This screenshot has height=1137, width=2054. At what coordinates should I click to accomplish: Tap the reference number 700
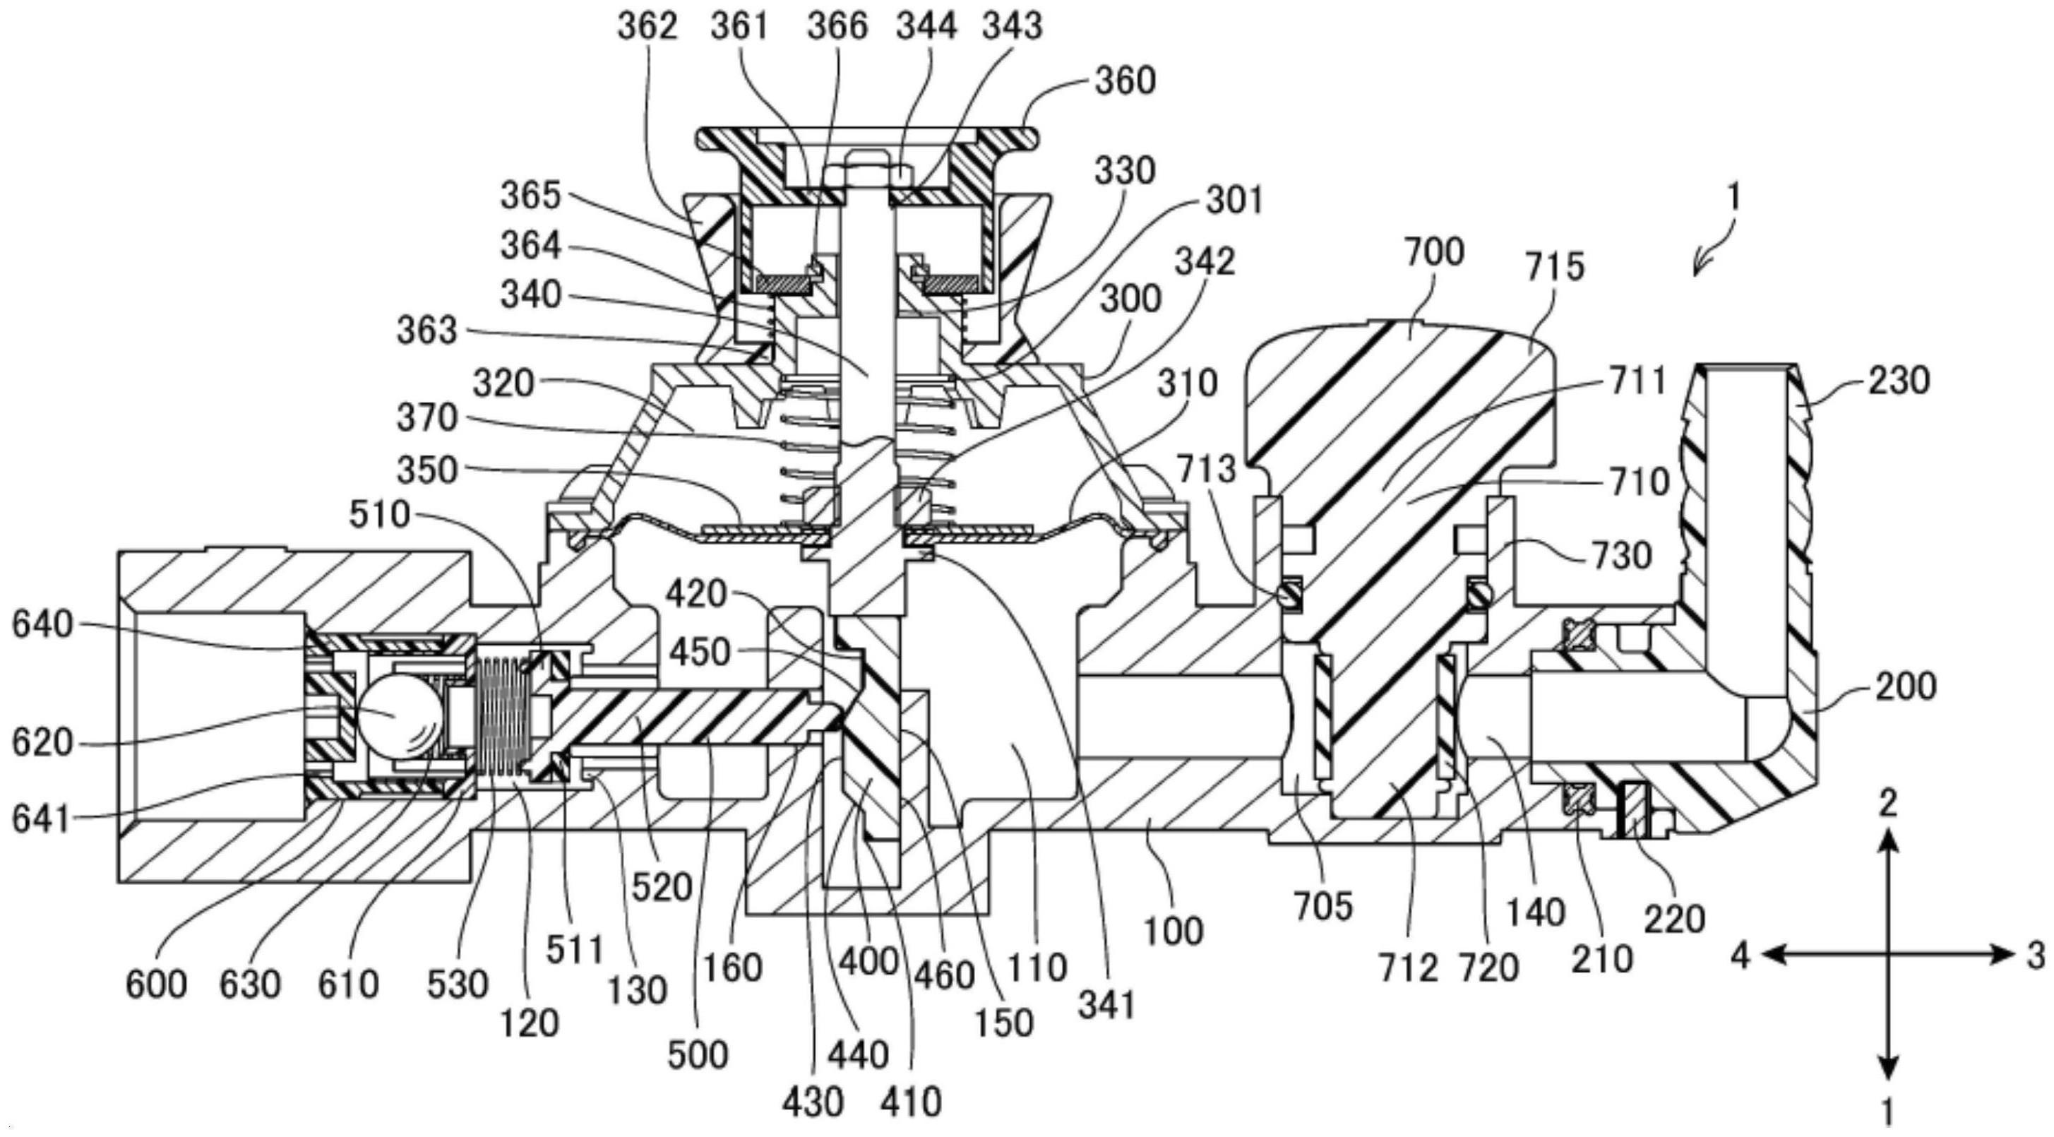(x=1433, y=253)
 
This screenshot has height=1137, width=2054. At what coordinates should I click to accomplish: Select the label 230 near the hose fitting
(x=1899, y=381)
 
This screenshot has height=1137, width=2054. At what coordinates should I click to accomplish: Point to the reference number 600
(x=156, y=984)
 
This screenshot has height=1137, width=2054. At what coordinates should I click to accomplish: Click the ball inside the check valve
(x=399, y=715)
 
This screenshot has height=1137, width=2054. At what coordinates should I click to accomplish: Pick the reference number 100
(x=1172, y=931)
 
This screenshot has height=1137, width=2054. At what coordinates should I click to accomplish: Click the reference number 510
(x=380, y=516)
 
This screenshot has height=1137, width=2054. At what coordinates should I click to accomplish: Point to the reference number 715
(x=1554, y=267)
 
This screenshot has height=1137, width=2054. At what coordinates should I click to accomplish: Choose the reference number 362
(x=647, y=26)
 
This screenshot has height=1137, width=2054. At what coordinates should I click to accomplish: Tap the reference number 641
(x=42, y=819)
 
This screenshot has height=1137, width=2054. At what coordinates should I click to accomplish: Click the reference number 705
(x=1324, y=907)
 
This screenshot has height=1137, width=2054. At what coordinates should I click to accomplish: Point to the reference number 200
(x=1905, y=687)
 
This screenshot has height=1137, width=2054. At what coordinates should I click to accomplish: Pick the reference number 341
(x=1106, y=1006)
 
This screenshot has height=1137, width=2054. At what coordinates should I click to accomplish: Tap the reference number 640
(x=42, y=624)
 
